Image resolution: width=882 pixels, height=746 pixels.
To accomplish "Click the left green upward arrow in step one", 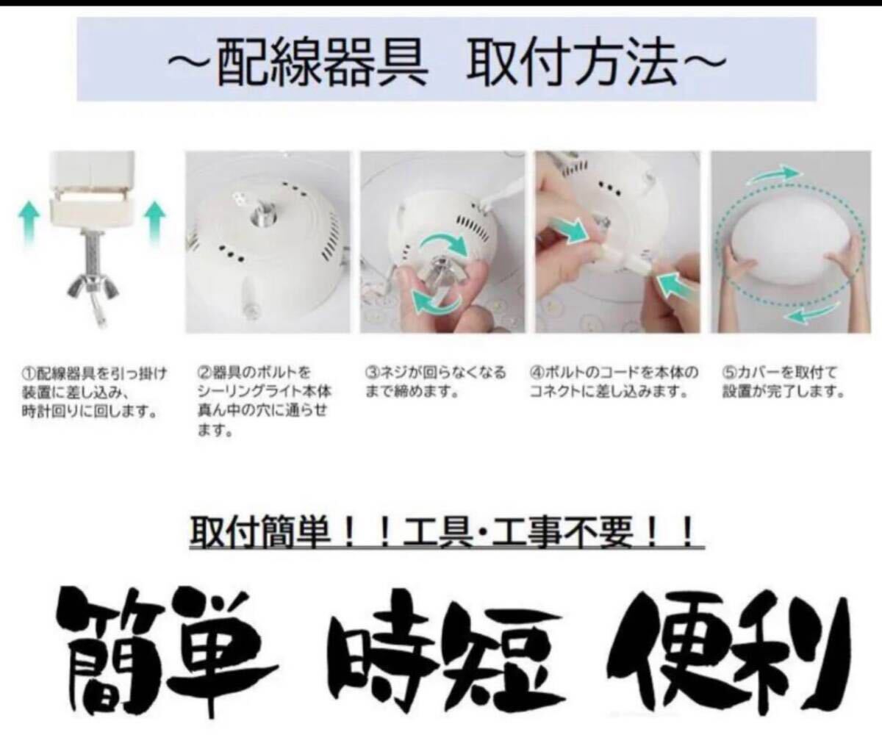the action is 29,223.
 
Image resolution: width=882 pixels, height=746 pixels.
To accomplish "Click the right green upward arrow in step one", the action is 155,223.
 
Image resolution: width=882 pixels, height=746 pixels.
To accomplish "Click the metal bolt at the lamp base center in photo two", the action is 262,210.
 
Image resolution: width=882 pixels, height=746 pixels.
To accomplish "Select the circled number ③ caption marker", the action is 370,373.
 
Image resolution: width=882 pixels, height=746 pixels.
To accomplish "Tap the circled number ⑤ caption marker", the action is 727,373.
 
